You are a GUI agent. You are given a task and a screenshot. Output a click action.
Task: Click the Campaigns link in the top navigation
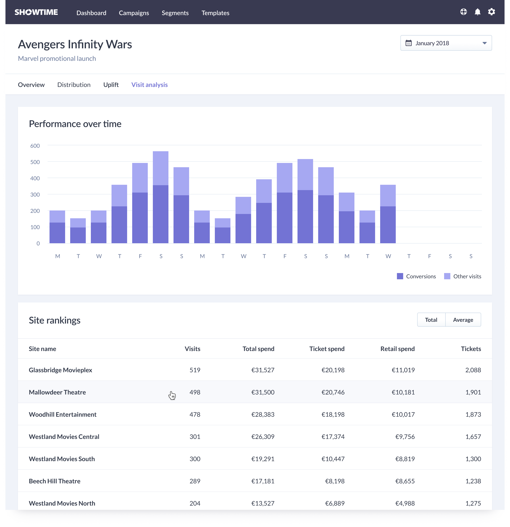click(x=134, y=13)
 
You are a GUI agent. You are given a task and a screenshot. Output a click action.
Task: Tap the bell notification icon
click(x=477, y=12)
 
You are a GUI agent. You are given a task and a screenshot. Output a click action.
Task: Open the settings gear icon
click(x=491, y=12)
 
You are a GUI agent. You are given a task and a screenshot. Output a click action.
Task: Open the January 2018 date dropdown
click(x=446, y=43)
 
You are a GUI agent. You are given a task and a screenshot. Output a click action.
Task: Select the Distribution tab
click(x=74, y=85)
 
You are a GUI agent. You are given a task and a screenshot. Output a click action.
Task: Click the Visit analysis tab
click(x=149, y=85)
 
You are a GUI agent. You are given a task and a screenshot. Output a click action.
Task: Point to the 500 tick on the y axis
click(x=35, y=162)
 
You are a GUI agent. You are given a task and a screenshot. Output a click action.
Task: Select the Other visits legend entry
click(x=463, y=276)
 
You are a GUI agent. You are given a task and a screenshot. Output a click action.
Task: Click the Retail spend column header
click(x=397, y=349)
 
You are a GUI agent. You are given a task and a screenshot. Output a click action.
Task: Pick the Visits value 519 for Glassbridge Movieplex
click(x=195, y=370)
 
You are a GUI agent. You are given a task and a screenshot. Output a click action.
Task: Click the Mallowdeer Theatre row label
click(x=57, y=392)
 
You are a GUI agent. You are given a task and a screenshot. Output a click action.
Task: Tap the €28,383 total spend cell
click(x=263, y=414)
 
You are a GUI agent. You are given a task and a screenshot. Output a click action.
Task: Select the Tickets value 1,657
click(x=473, y=437)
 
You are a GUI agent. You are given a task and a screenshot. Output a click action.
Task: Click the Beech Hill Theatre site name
click(x=55, y=481)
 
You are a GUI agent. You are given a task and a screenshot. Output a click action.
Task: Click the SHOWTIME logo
click(x=36, y=12)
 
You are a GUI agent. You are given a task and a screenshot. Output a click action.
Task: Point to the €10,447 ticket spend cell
click(x=333, y=459)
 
